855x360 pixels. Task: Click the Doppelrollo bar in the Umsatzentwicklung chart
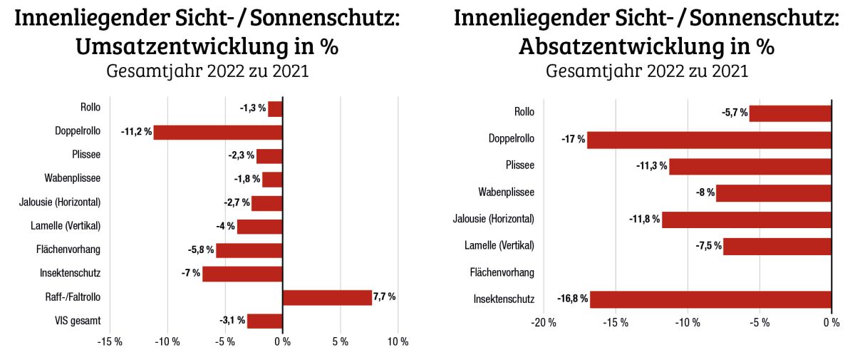tap(218, 133)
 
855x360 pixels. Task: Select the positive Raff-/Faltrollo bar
tap(327, 297)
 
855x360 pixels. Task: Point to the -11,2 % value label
tap(136, 132)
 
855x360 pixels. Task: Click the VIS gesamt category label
tap(80, 321)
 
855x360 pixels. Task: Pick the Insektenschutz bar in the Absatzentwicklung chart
tap(710, 299)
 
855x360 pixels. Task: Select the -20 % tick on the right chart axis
tap(543, 322)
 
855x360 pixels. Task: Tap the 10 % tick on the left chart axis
tap(398, 342)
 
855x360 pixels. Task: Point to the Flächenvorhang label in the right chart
tap(502, 272)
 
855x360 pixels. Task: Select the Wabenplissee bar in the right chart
tap(774, 192)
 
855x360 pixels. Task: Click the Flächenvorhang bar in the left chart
tap(249, 250)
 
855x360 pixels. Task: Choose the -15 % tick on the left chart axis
tap(110, 342)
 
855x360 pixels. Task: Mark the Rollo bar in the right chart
tap(790, 113)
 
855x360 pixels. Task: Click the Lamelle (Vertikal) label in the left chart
tap(65, 227)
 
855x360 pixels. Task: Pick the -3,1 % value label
tap(232, 320)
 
